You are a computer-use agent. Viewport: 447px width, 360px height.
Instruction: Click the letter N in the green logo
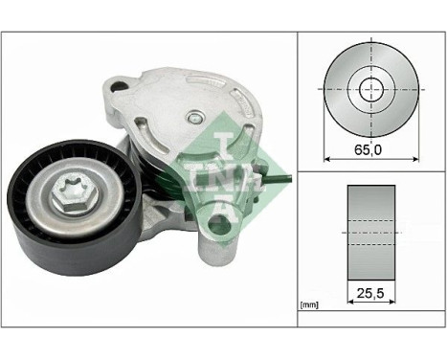(219, 176)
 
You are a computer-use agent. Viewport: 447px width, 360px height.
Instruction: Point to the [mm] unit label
(309, 305)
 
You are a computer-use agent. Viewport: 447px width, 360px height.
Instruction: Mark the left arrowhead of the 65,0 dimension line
(328, 159)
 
